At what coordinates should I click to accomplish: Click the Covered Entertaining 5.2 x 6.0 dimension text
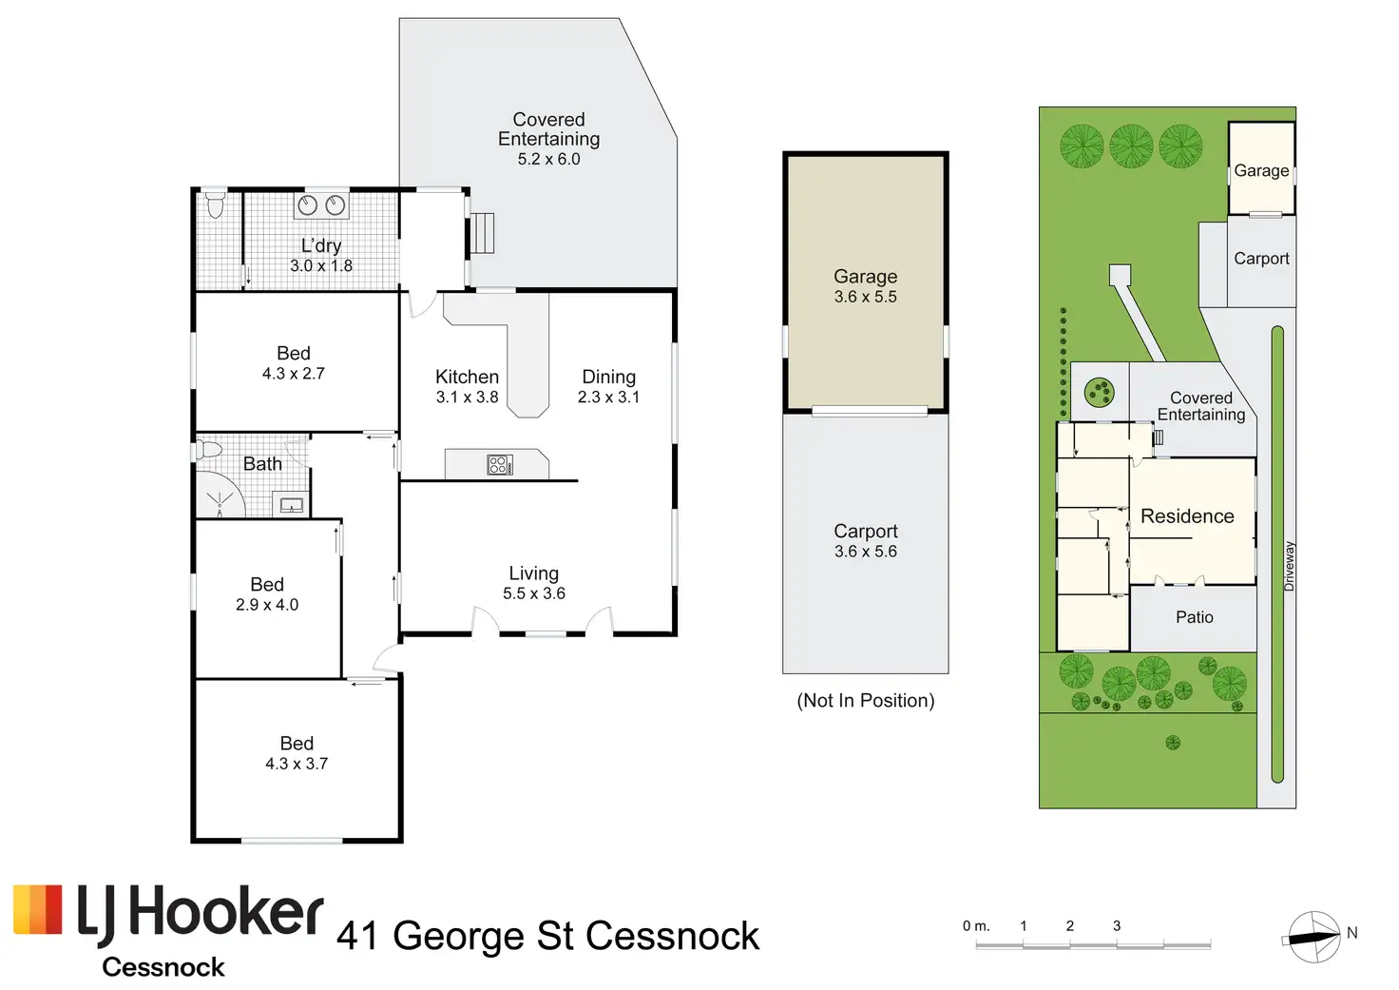(x=548, y=160)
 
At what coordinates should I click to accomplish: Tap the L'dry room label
(x=321, y=245)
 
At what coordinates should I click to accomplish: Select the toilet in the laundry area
(x=215, y=204)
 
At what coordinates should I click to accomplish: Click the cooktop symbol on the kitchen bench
(x=500, y=464)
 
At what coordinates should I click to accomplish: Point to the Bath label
(x=262, y=464)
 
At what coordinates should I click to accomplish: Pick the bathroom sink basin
(x=291, y=504)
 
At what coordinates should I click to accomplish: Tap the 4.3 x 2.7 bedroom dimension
(x=294, y=374)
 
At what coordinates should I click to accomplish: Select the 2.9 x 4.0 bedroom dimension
(x=267, y=605)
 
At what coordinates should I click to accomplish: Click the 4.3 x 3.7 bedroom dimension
(x=297, y=764)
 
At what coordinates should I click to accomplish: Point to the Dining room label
(x=608, y=378)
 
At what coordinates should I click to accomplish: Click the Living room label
(x=533, y=573)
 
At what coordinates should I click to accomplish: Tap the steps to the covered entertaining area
(x=483, y=233)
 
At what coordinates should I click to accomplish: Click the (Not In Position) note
(x=866, y=701)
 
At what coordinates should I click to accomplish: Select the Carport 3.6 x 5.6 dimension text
(x=866, y=552)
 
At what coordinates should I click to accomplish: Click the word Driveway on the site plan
(x=1290, y=566)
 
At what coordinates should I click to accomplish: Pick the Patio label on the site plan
(x=1195, y=617)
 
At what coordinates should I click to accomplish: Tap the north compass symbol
(x=1314, y=937)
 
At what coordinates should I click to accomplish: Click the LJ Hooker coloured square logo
(x=38, y=909)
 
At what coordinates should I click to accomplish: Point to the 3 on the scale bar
(x=1117, y=925)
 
